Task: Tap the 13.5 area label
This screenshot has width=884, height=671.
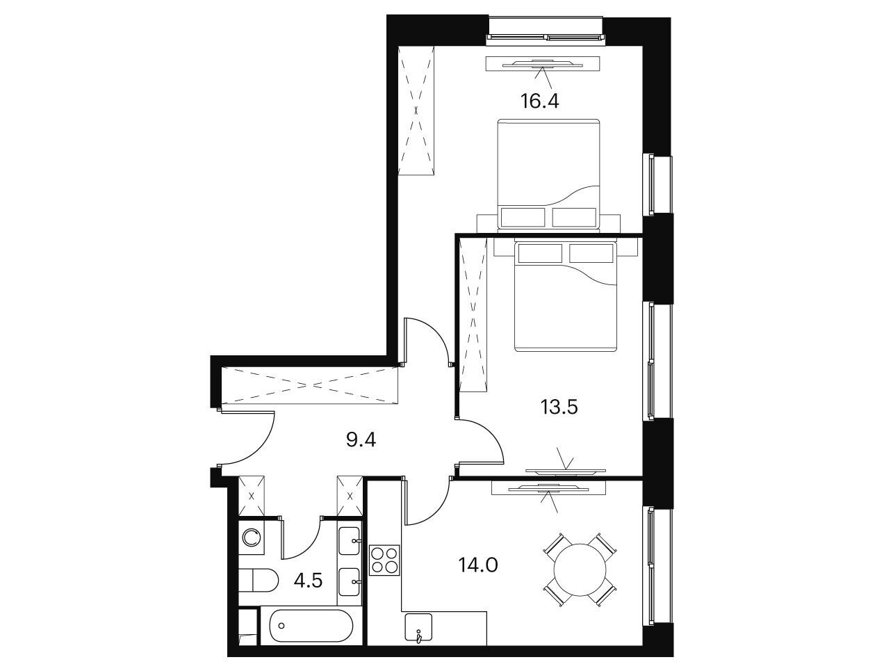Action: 559,407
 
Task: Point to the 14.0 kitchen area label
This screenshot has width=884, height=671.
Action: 478,565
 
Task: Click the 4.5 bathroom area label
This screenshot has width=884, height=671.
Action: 308,581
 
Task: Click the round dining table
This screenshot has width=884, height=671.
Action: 580,569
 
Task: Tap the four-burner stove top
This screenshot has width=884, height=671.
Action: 384,560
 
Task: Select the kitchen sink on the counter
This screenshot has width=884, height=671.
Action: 418,630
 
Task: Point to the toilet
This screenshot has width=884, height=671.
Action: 258,581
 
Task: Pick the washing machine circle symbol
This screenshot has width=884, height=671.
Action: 252,537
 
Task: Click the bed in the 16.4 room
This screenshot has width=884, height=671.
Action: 548,175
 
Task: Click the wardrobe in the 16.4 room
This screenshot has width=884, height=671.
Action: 416,111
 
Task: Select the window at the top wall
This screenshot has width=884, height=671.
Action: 546,37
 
